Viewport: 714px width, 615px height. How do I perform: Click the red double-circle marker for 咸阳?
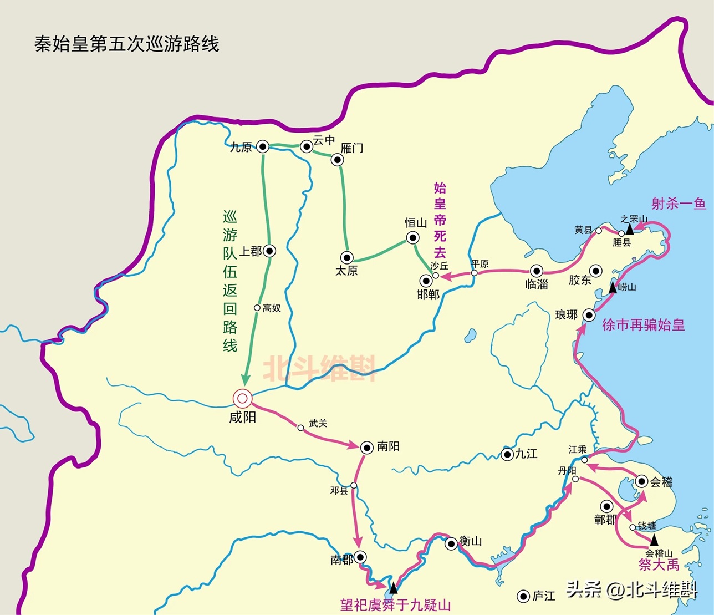pyautogui.click(x=242, y=398)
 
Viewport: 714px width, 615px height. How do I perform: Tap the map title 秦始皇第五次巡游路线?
pyautogui.click(x=126, y=44)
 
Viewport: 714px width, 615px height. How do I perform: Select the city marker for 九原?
pyautogui.click(x=263, y=146)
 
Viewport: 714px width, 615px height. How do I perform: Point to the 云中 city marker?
pyautogui.click(x=306, y=146)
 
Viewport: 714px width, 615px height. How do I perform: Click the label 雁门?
pyautogui.click(x=352, y=148)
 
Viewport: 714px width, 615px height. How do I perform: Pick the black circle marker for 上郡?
pyautogui.click(x=269, y=251)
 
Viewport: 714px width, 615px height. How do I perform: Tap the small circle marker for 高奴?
pyautogui.click(x=257, y=308)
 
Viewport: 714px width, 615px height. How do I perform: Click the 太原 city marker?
pyautogui.click(x=346, y=257)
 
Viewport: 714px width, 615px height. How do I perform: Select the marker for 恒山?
pyautogui.click(x=412, y=238)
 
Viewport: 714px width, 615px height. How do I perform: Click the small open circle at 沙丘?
pyautogui.click(x=436, y=275)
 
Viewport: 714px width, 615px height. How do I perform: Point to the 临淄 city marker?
pyautogui.click(x=536, y=271)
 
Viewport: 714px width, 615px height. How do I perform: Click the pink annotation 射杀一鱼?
pyautogui.click(x=679, y=204)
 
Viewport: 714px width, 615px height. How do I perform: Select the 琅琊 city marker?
pyautogui.click(x=589, y=315)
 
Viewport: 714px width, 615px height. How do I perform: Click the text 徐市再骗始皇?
pyautogui.click(x=643, y=325)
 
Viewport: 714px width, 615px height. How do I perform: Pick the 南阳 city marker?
pyautogui.click(x=366, y=447)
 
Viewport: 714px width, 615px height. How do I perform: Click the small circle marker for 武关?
pyautogui.click(x=300, y=428)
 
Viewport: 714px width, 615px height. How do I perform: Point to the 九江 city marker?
pyautogui.click(x=507, y=455)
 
